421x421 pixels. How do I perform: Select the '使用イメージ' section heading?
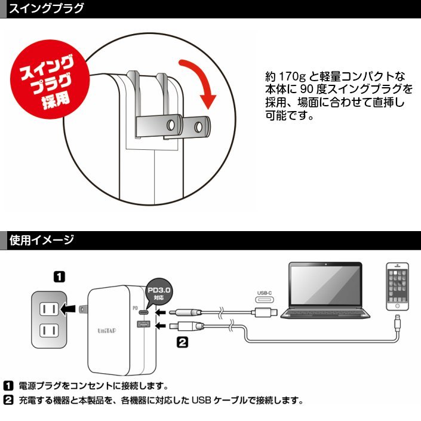pos(42,241)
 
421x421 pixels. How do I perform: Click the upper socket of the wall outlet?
pos(48,309)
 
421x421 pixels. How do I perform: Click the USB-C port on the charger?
pos(144,312)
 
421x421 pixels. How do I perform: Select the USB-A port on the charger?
pos(144,324)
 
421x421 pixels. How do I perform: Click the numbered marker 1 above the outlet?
pos(59,276)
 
